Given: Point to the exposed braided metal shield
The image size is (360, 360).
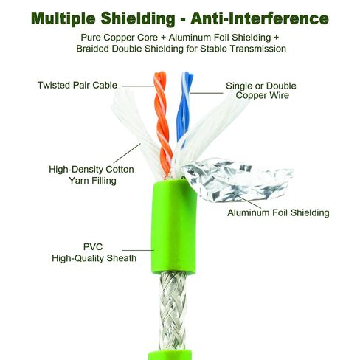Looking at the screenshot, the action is click(173, 311).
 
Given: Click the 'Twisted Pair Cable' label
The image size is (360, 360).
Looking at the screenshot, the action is click(77, 86).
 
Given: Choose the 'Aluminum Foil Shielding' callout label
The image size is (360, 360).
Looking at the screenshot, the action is click(278, 212).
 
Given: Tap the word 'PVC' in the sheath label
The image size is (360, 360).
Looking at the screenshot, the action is click(93, 247).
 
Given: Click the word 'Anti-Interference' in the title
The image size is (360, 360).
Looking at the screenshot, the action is click(260, 18).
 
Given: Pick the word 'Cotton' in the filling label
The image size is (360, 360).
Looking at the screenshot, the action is click(120, 170).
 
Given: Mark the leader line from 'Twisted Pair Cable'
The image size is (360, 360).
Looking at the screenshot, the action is click(138, 86).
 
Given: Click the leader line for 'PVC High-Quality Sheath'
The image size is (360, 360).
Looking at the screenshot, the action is click(138, 251).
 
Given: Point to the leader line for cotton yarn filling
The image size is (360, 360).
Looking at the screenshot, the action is click(127, 153).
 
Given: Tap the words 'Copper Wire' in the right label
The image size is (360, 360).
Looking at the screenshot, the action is click(263, 95).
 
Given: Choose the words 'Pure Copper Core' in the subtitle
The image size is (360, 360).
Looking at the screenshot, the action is click(120, 38).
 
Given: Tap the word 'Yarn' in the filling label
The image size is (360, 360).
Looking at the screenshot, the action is click(78, 181).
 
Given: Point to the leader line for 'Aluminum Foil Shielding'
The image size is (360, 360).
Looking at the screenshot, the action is click(246, 201).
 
